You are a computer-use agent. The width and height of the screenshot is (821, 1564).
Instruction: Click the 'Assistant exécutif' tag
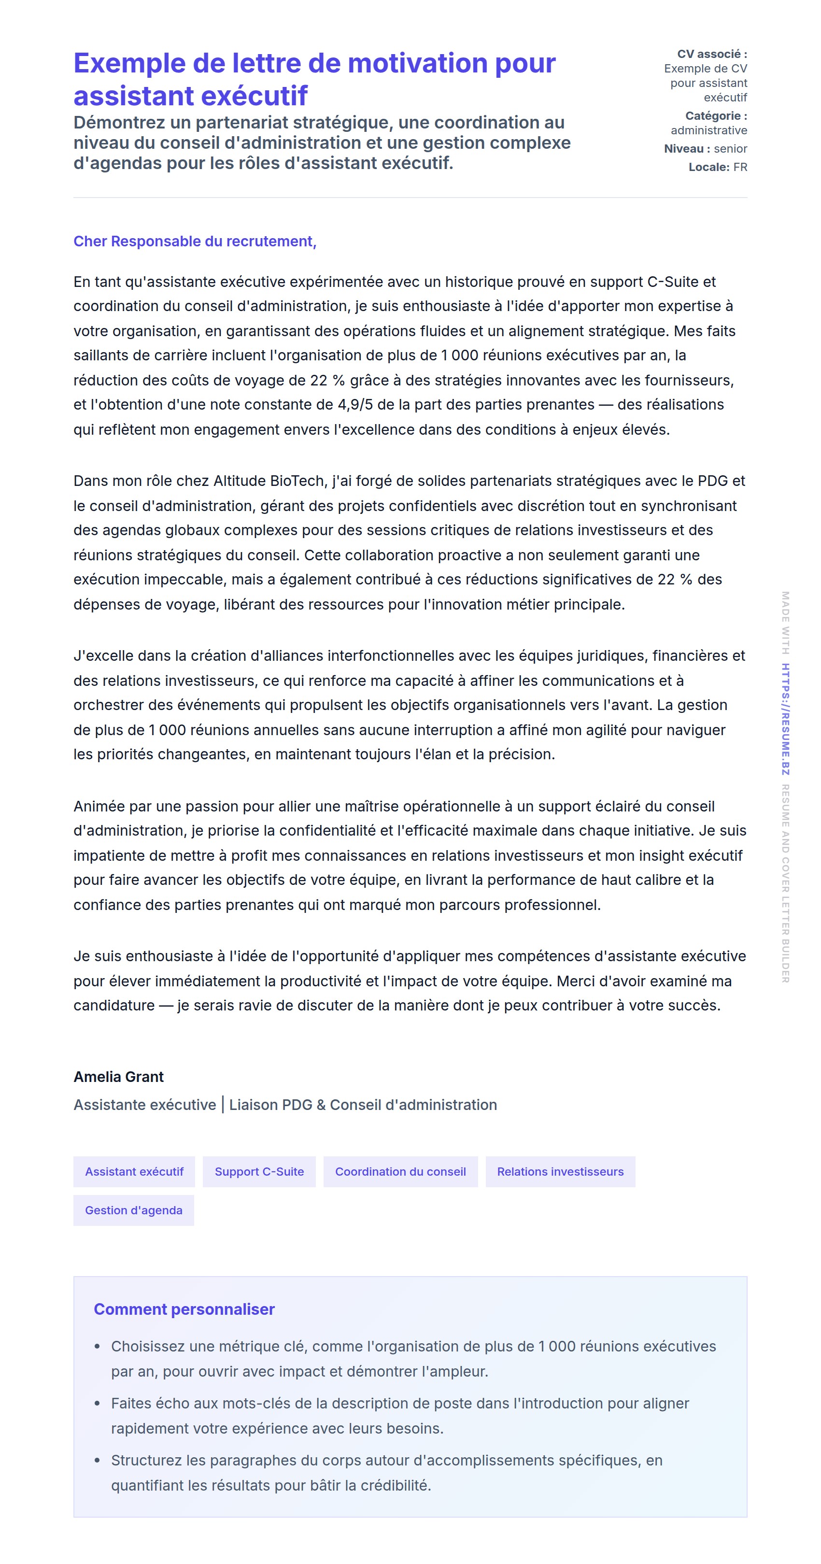[x=134, y=1171]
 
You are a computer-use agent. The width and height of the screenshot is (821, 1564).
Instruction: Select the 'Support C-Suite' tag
[x=259, y=1171]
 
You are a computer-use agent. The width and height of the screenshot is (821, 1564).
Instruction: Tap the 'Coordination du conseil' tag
[x=400, y=1171]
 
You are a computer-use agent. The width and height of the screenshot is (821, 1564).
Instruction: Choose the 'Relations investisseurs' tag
[x=560, y=1171]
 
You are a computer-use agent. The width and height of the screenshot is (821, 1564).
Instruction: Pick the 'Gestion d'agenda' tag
[x=134, y=1210]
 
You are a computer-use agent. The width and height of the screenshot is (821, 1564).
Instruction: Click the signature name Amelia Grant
[x=118, y=1077]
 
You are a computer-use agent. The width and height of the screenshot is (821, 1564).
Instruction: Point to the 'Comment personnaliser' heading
[x=184, y=1309]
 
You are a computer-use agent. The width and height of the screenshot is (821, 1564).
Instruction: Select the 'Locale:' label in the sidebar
[x=708, y=167]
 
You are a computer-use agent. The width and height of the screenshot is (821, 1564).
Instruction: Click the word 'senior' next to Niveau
[x=731, y=149]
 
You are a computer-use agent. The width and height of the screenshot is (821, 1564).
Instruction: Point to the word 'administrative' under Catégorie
[x=708, y=130]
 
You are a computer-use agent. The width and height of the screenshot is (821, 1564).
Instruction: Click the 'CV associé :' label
[x=712, y=54]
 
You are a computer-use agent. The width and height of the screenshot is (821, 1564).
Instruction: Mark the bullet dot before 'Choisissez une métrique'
[x=97, y=1347]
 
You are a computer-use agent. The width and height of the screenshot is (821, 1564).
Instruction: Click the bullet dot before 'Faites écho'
[x=97, y=1404]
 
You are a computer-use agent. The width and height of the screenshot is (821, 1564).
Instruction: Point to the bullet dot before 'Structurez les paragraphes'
[x=97, y=1460]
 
